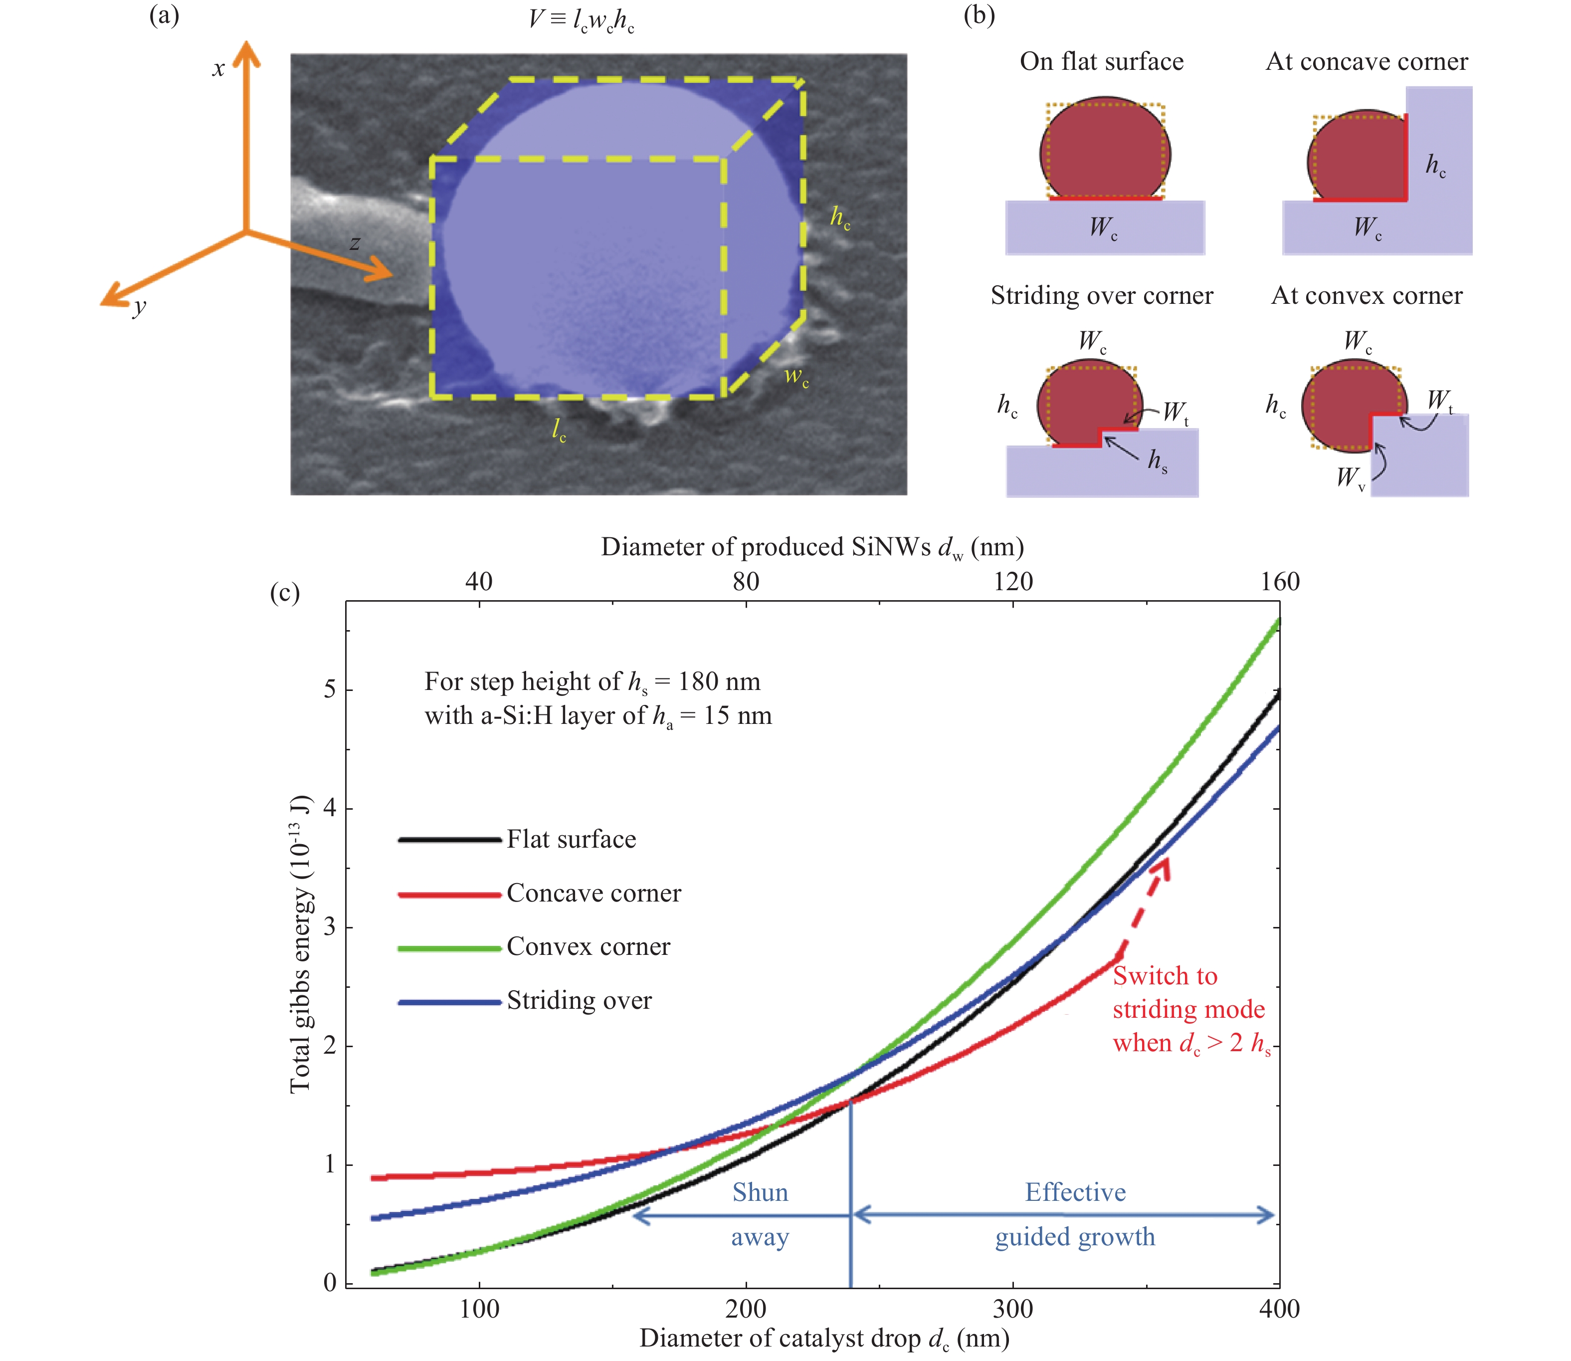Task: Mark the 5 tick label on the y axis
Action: [x=330, y=689]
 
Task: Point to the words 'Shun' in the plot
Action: [x=760, y=1192]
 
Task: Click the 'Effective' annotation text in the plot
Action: [x=1075, y=1192]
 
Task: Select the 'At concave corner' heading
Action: [x=1367, y=61]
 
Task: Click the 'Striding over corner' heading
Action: [x=1102, y=295]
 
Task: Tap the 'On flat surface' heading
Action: [x=1101, y=61]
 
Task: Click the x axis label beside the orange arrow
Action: [x=218, y=69]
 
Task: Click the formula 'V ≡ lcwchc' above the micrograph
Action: [x=582, y=20]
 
